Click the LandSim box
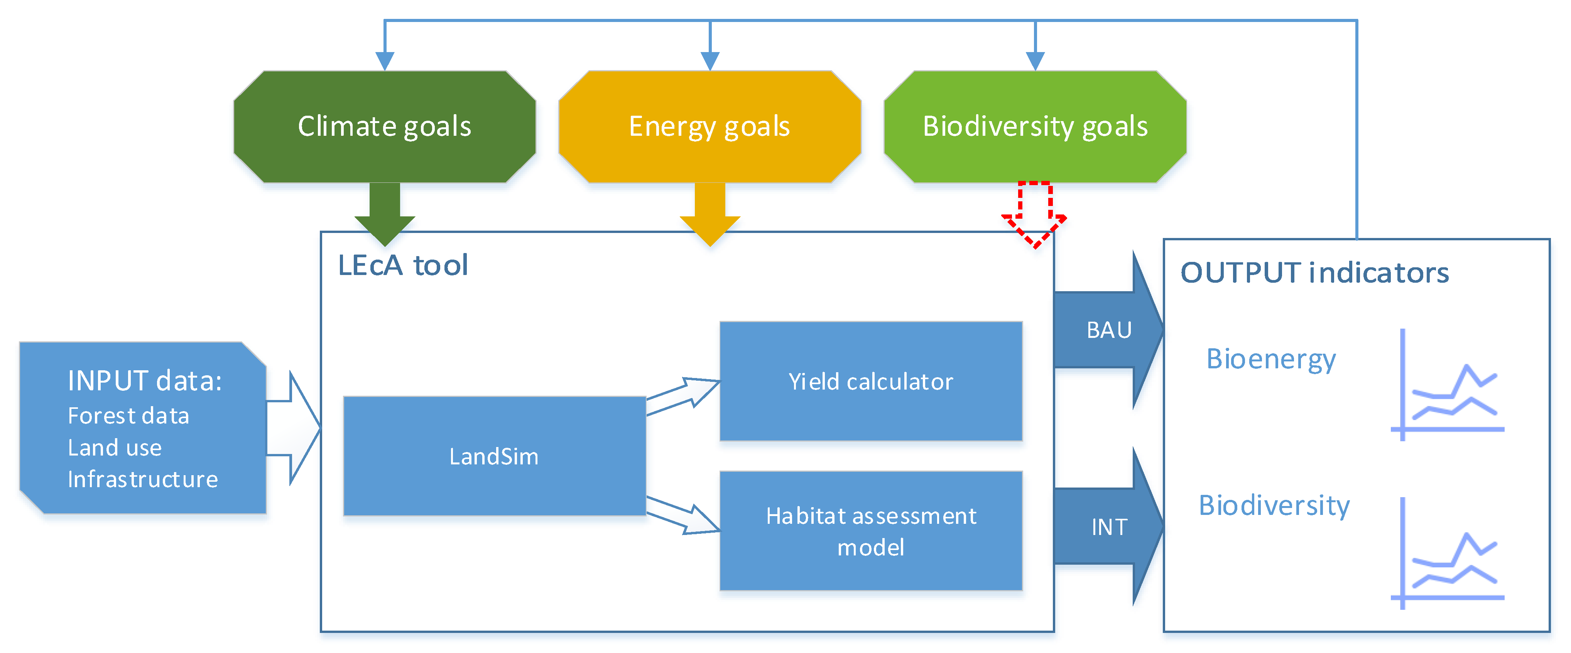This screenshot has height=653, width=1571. [x=494, y=456]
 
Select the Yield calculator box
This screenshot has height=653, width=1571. [x=870, y=381]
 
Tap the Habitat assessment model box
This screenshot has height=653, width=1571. [x=870, y=530]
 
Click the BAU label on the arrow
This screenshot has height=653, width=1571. [x=1109, y=330]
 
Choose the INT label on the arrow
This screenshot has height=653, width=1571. [x=1109, y=527]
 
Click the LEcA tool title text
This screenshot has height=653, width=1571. [x=402, y=265]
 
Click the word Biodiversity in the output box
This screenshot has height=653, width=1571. [x=1274, y=505]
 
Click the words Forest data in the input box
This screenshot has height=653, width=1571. [x=128, y=416]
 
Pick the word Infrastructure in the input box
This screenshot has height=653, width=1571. [x=143, y=479]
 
